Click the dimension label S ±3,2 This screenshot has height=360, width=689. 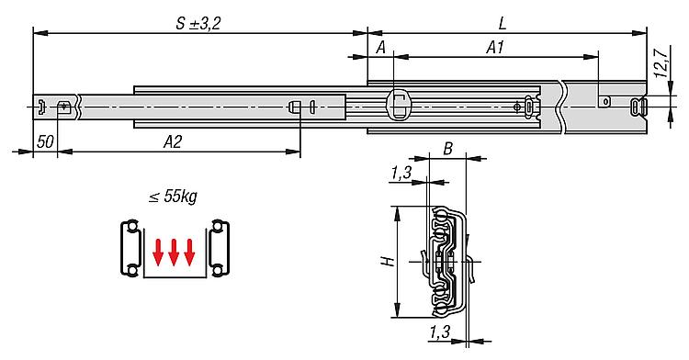pos(198,23)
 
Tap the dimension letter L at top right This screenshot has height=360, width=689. pos(503,23)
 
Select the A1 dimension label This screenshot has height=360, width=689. pos(495,48)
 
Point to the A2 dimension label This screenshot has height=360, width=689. pos(173,141)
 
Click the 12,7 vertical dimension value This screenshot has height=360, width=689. pos(661,62)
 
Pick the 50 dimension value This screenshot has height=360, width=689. pos(45,142)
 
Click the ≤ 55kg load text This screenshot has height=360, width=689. pos(173,197)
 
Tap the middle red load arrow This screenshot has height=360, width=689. pos(174,253)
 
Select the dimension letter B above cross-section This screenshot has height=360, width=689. pos(447,149)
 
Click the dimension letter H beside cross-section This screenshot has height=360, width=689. pos(388,262)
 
